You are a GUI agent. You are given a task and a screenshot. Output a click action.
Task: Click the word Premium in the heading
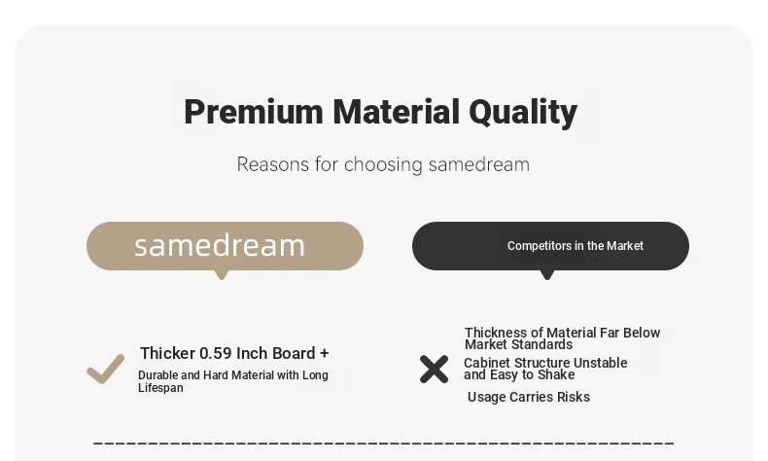(x=254, y=112)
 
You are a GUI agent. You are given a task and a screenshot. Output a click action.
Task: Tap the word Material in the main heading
(x=397, y=112)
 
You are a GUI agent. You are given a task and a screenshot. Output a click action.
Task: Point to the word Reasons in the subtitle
(x=273, y=164)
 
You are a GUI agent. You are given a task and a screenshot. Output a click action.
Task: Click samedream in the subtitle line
(x=479, y=164)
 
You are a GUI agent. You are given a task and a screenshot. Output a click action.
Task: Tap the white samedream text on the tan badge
(x=220, y=245)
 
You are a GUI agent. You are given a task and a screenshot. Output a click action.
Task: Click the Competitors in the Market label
(x=575, y=245)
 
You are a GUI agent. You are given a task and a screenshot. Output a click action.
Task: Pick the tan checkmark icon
(x=105, y=369)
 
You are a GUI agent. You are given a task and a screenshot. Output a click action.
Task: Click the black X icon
(x=434, y=369)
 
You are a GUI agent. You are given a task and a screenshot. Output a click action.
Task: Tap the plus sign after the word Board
(x=325, y=354)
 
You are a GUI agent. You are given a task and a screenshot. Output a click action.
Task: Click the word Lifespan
(x=160, y=388)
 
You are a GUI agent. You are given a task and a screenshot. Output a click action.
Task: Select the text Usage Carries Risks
(x=529, y=397)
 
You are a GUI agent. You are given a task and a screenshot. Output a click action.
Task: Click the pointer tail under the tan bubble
(x=222, y=275)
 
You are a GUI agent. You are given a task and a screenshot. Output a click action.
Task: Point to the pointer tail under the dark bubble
(x=547, y=275)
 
